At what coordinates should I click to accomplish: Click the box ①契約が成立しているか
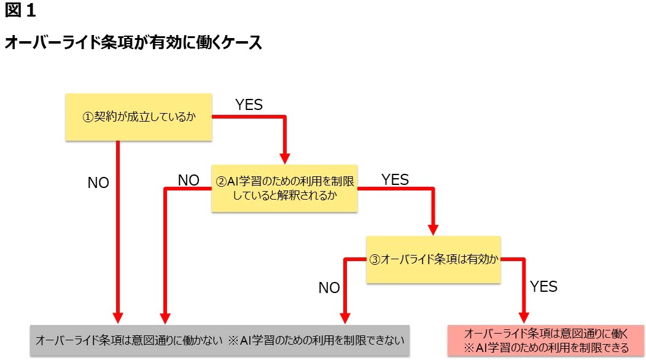click(139, 117)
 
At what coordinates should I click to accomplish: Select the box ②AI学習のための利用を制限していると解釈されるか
click(284, 188)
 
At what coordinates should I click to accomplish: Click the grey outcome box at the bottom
click(220, 340)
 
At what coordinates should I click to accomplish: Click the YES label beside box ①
click(249, 105)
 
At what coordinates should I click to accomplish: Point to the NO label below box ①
click(98, 183)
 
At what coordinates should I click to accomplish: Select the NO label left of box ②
click(189, 180)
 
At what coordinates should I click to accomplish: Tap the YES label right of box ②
click(395, 179)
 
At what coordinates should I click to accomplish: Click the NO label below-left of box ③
click(329, 288)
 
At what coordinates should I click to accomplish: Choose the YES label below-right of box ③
click(543, 286)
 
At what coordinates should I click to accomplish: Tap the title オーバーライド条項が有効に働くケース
click(134, 44)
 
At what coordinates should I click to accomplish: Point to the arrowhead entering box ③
click(433, 230)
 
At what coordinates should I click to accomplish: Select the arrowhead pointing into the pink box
click(523, 318)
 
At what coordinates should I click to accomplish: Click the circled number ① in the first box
click(88, 117)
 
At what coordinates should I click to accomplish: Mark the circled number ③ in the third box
click(375, 260)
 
